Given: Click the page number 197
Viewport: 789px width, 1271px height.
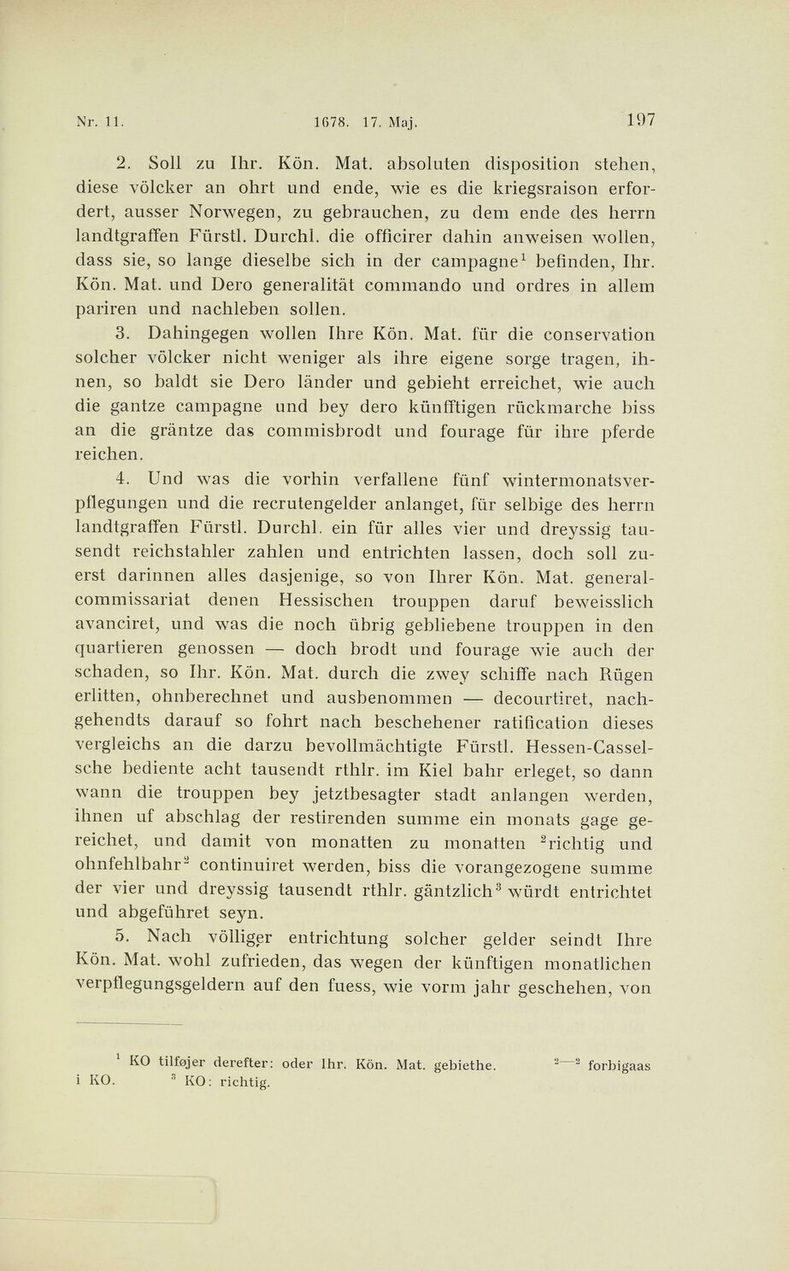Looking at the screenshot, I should point(639,120).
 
